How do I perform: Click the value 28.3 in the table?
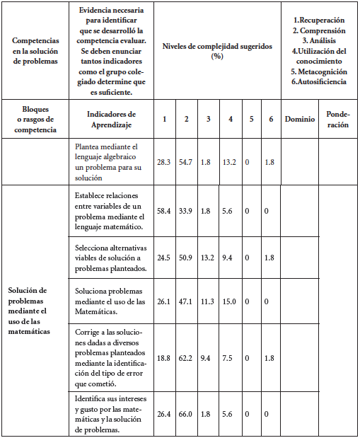(164, 161)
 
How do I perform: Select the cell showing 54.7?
(186, 161)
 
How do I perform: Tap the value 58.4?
(164, 210)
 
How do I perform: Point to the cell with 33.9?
(186, 210)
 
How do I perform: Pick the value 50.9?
(186, 258)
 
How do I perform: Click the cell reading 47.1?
(186, 301)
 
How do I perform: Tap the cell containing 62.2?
(186, 358)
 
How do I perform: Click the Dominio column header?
(300, 119)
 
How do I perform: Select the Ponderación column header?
(338, 119)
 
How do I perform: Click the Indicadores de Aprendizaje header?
(110, 119)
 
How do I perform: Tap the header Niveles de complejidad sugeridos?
(217, 50)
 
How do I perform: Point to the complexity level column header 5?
(251, 119)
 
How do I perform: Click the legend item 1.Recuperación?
(319, 21)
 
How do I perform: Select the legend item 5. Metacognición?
(319, 71)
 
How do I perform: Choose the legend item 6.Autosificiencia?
(319, 82)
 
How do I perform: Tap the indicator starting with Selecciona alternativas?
(110, 258)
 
